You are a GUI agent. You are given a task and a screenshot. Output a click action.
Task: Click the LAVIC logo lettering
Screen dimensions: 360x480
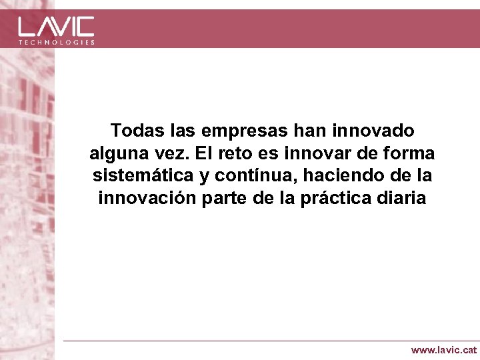point(56,26)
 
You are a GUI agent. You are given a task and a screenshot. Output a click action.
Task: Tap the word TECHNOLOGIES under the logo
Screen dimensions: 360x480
point(56,42)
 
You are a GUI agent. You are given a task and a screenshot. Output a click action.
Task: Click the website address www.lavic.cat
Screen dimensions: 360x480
point(443,349)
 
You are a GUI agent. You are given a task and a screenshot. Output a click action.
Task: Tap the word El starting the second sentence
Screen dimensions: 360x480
point(204,153)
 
